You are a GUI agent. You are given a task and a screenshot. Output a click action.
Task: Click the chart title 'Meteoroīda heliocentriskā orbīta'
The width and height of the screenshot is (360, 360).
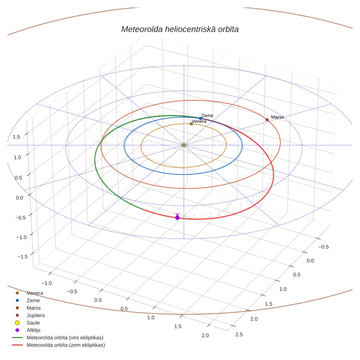click(x=180, y=30)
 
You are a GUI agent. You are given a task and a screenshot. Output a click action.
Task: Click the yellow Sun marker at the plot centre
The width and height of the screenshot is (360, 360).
click(x=184, y=145)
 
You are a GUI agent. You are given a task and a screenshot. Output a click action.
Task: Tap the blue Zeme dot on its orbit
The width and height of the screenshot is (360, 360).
click(x=201, y=118)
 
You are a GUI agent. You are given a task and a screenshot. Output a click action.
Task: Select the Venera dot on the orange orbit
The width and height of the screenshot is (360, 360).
click(x=191, y=124)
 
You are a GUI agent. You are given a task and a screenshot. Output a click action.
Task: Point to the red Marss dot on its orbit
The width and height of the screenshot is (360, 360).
click(x=267, y=120)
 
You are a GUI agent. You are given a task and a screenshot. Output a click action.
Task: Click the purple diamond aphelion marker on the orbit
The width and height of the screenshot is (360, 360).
click(x=177, y=218)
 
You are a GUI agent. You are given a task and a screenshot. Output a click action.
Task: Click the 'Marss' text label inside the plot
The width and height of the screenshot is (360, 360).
click(x=277, y=117)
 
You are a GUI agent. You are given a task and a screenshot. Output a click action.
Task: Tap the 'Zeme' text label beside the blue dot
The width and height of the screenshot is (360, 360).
click(x=207, y=116)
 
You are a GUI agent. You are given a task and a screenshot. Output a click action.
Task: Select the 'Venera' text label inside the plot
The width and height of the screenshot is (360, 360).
click(x=199, y=121)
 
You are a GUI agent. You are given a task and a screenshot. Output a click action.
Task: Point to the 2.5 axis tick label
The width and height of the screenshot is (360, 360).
click(x=239, y=335)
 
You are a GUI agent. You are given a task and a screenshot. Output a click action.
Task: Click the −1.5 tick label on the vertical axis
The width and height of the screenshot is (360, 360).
click(x=22, y=257)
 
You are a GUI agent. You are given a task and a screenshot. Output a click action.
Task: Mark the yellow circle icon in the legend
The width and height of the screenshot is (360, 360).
click(x=17, y=323)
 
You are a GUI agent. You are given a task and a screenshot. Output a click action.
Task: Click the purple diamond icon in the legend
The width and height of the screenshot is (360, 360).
click(x=17, y=330)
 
